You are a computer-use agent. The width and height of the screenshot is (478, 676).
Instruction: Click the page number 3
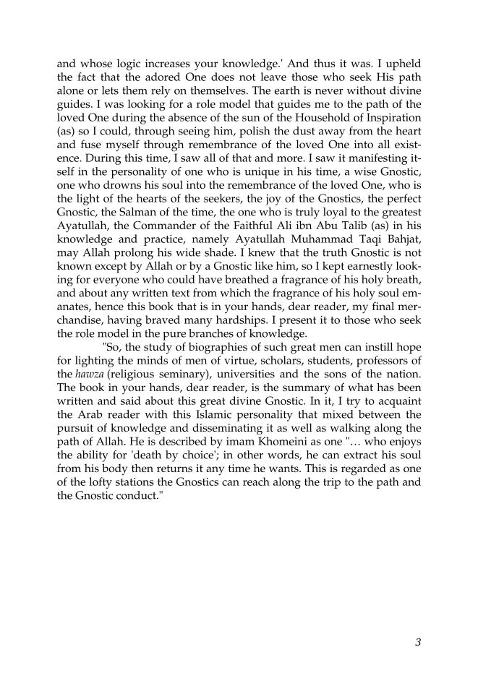tap(418, 641)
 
